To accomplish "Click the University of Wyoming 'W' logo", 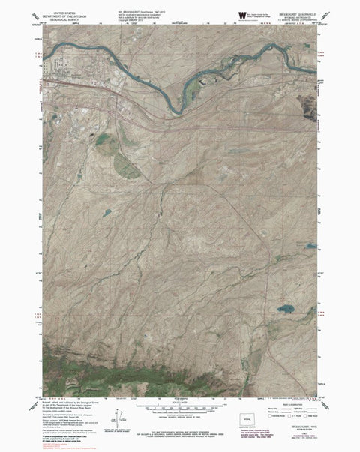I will coord(241,15).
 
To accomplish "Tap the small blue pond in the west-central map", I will coord(106,212).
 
